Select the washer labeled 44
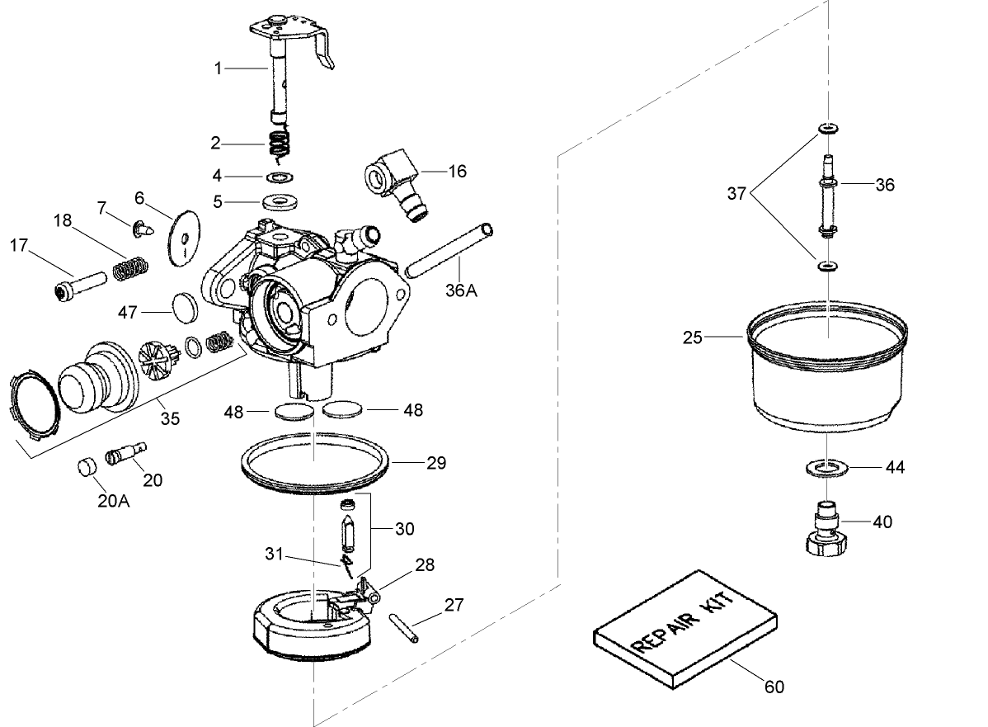pos(826,469)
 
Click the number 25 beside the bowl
pos(693,337)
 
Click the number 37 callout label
pos(736,195)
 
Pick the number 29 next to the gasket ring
pos(436,464)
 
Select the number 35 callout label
pos(169,418)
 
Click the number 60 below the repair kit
pos(774,687)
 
